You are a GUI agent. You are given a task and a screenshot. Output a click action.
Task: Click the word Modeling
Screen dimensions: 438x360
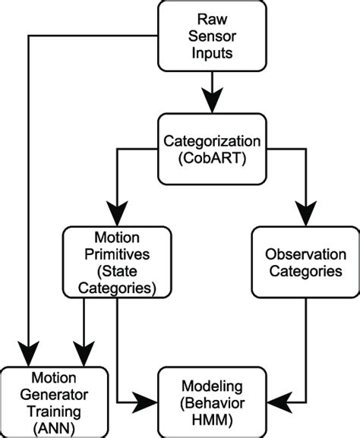pos(212,385)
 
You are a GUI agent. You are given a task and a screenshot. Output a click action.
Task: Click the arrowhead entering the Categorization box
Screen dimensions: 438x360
pos(212,103)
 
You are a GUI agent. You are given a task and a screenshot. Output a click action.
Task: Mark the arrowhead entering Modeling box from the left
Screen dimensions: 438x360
pos(147,398)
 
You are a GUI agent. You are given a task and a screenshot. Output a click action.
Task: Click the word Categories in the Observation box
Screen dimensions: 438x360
pos(303,271)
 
